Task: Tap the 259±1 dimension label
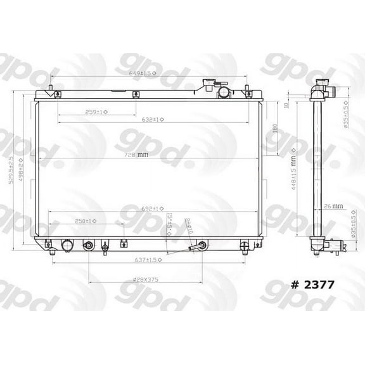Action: [96, 112]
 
